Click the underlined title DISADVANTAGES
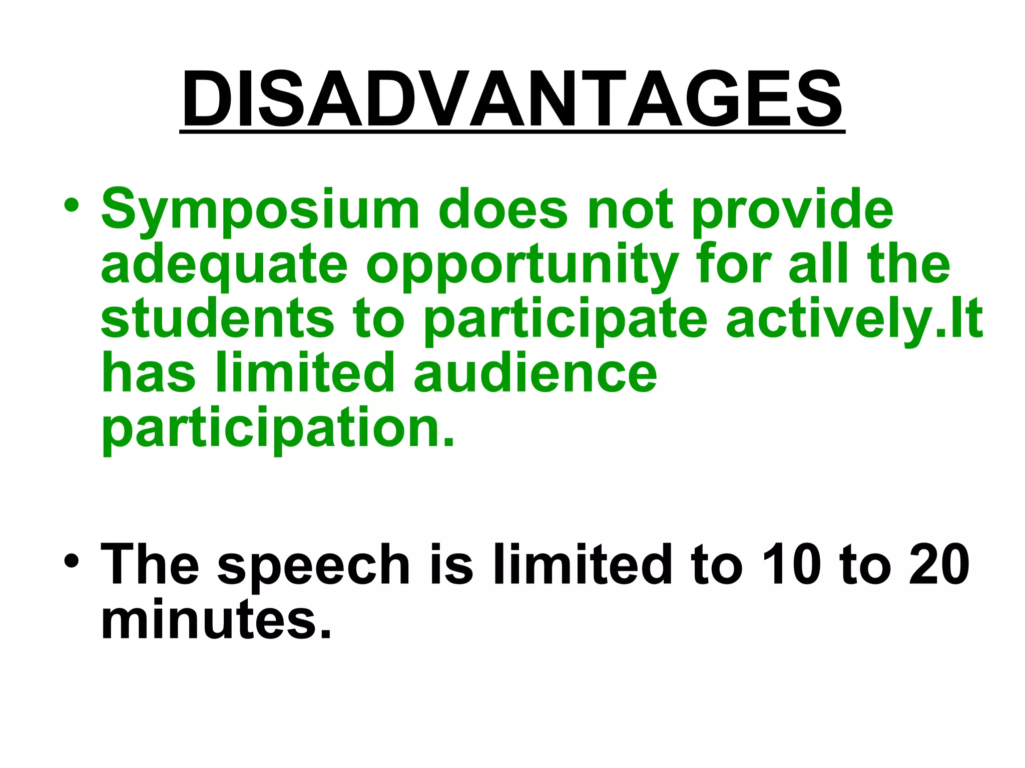click(512, 100)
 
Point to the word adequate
click(224, 265)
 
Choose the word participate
click(566, 320)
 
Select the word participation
click(278, 429)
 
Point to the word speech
click(314, 565)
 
